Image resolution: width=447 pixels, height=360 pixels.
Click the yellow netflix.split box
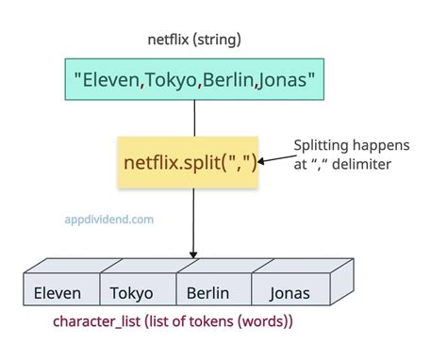(189, 161)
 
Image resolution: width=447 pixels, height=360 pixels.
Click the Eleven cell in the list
(57, 293)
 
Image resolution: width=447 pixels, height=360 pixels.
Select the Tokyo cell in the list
(132, 293)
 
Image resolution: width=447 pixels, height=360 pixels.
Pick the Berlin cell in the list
(207, 293)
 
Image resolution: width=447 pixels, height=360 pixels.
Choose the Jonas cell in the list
(290, 293)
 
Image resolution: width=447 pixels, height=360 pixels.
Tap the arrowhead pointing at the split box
(264, 161)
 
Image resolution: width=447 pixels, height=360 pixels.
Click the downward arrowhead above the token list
(193, 254)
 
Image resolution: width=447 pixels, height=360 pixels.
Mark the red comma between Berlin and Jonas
(257, 85)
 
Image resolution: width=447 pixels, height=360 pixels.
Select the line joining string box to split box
(193, 118)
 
